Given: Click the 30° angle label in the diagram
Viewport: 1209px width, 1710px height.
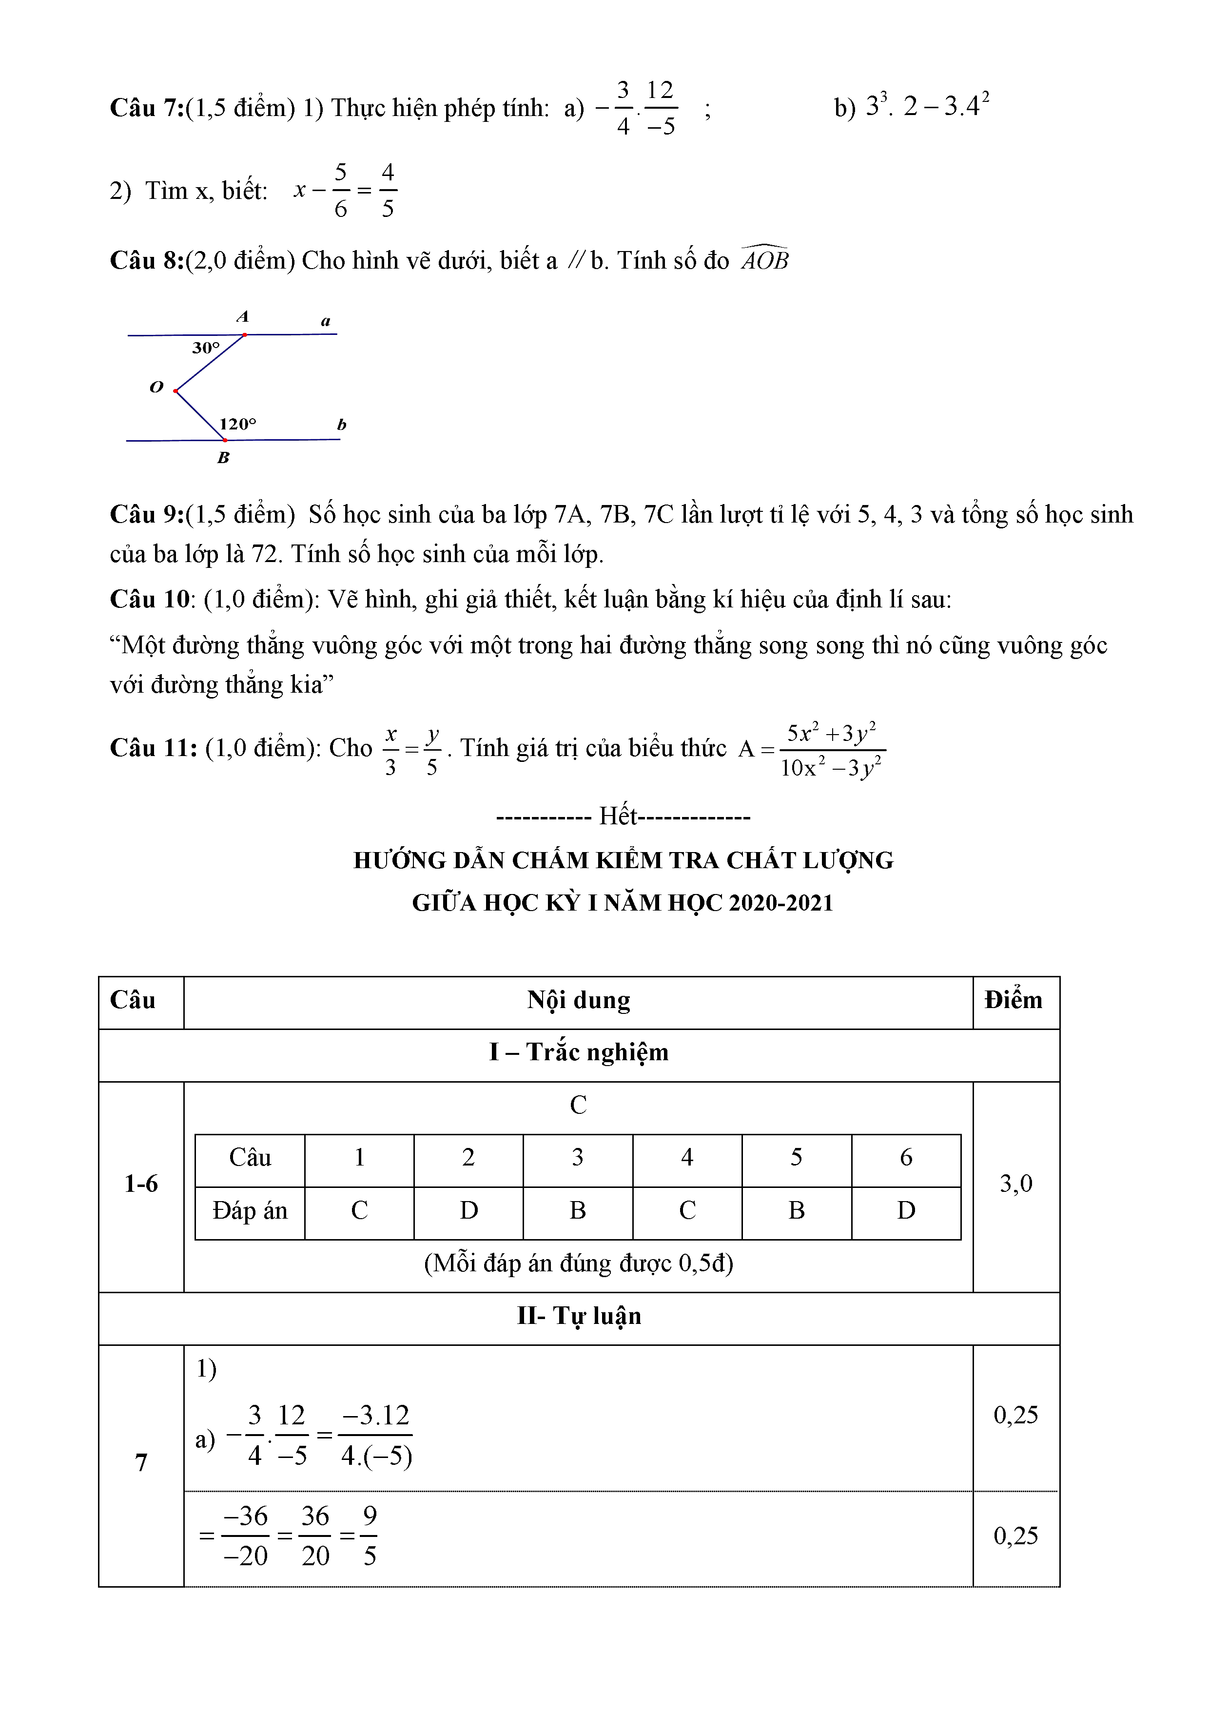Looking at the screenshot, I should (206, 348).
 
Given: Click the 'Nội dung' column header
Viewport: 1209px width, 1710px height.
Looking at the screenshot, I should (578, 1000).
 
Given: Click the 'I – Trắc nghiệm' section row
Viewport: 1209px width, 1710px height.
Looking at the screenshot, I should (578, 1052).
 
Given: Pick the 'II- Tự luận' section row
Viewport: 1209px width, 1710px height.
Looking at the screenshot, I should (578, 1316).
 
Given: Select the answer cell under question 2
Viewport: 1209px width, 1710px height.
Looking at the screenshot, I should (468, 1210).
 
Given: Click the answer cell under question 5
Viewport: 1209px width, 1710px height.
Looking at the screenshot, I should (796, 1210).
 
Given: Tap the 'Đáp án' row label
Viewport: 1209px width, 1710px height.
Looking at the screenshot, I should (250, 1210).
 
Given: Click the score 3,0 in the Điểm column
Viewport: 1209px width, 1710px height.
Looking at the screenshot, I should (1015, 1184).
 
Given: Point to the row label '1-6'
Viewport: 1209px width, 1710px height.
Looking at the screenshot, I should (141, 1184).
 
